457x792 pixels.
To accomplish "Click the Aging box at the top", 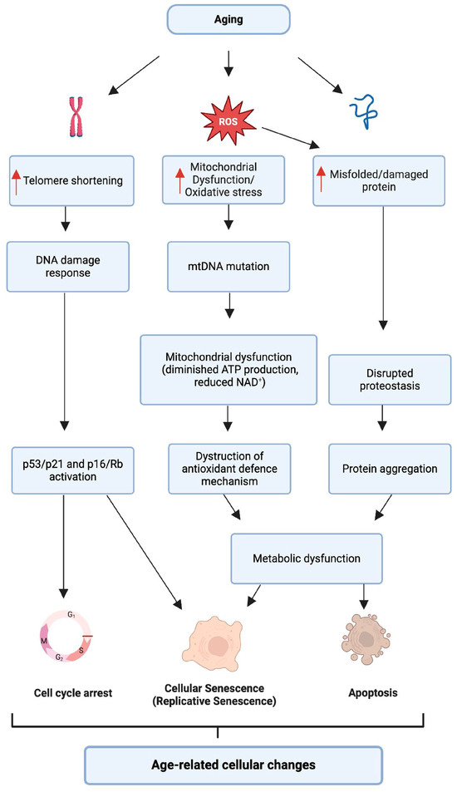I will [x=228, y=18].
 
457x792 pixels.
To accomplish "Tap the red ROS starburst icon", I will [x=228, y=123].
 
